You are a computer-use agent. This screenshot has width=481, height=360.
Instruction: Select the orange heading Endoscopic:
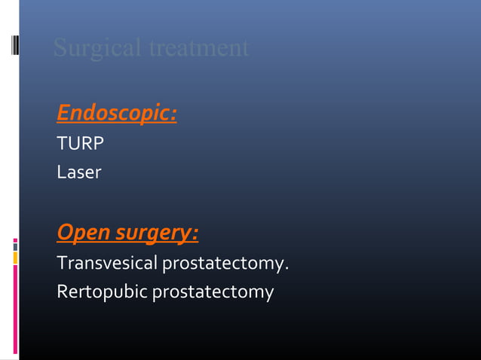tap(117, 114)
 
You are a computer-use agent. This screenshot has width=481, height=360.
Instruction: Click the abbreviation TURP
tap(80, 143)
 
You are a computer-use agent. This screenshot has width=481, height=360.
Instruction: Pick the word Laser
tap(78, 172)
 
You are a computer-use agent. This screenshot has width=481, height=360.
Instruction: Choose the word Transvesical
tap(106, 264)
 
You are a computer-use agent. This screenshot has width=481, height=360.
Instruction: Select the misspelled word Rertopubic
tap(103, 291)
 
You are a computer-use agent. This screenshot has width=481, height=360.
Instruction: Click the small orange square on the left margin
tap(15, 258)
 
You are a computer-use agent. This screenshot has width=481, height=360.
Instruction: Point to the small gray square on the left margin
tap(15, 245)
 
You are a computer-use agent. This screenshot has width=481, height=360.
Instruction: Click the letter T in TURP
tap(61, 143)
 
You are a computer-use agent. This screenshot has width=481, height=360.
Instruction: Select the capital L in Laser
tap(60, 172)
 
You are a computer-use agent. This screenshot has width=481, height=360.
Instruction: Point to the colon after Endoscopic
tap(174, 115)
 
